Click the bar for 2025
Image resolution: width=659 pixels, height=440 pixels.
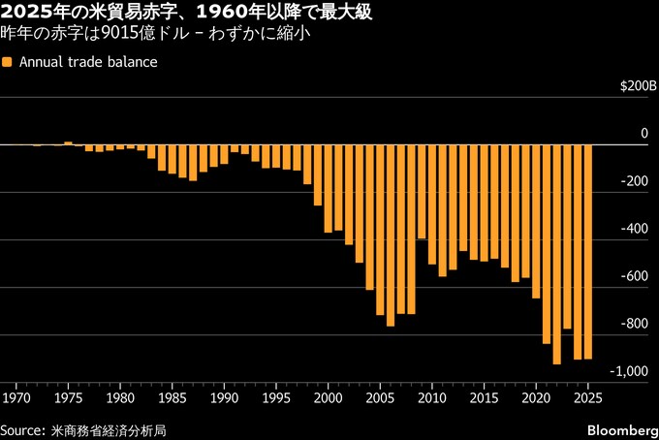(587, 252)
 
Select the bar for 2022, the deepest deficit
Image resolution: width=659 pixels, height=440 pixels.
(556, 254)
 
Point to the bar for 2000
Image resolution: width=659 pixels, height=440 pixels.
(328, 188)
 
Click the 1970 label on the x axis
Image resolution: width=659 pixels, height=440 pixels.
(16, 397)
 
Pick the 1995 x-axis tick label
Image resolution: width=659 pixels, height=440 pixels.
(276, 397)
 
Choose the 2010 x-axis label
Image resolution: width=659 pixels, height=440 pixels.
(432, 397)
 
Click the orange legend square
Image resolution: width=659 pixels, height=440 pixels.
(8, 62)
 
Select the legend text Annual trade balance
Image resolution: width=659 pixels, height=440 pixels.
(88, 62)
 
